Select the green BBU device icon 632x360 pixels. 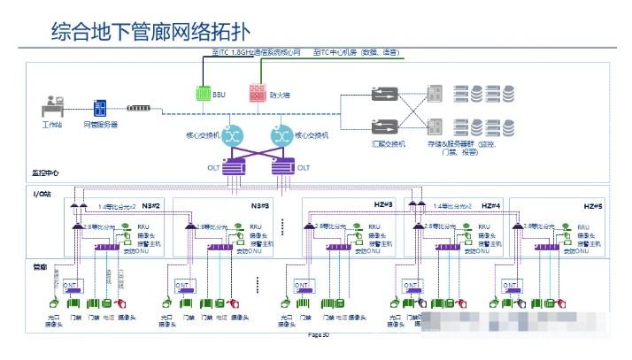203,92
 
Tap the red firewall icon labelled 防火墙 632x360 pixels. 257,92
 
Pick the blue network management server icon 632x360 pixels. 100,109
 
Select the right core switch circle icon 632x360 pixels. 281,135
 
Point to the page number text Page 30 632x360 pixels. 318,335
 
